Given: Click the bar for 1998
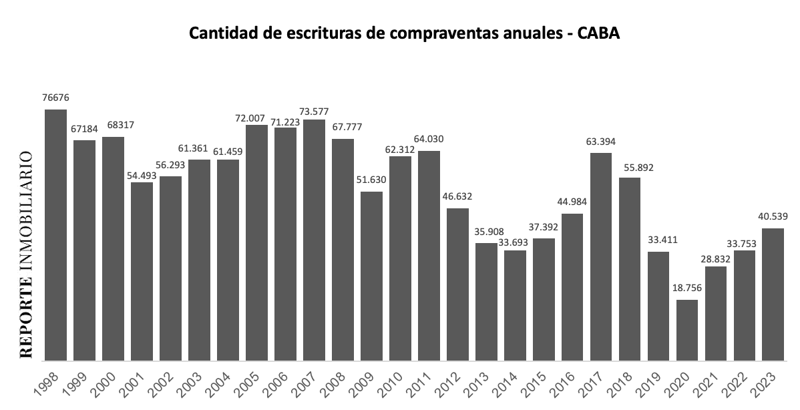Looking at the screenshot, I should pyautogui.click(x=56, y=234).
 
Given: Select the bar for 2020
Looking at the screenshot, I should pyautogui.click(x=687, y=330).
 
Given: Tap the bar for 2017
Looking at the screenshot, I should pyautogui.click(x=601, y=256).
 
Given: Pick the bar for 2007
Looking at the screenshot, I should pyautogui.click(x=314, y=240).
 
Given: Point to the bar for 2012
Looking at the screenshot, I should pyautogui.click(x=457, y=284).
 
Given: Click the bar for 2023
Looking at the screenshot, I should pyautogui.click(x=773, y=294).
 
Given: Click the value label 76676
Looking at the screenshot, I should pyautogui.click(x=55, y=97).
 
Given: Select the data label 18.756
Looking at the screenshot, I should pyautogui.click(x=687, y=288).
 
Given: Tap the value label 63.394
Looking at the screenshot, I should pyautogui.click(x=601, y=141).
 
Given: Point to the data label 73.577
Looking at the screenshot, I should pyautogui.click(x=315, y=111).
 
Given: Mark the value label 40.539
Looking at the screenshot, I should pyautogui.click(x=772, y=216).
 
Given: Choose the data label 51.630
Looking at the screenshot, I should pyautogui.click(x=372, y=181).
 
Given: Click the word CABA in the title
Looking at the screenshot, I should pyautogui.click(x=597, y=34).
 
